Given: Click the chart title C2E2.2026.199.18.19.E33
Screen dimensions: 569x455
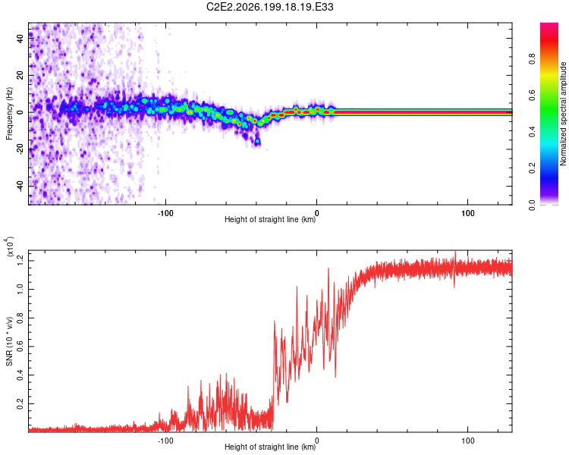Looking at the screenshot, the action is pos(269,7).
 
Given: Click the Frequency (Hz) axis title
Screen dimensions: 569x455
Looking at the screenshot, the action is pos(9,114).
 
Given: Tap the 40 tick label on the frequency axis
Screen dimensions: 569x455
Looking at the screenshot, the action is pos(20,39).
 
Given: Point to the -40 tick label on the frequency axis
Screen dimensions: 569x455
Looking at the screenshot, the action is pos(20,187).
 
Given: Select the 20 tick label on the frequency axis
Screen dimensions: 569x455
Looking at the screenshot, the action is pos(20,76).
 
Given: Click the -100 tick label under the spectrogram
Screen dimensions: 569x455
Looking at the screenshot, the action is pos(165,213).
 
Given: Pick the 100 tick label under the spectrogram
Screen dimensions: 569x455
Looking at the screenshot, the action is pos(468,213).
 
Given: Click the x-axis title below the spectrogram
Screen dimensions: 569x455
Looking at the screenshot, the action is pos(270,219).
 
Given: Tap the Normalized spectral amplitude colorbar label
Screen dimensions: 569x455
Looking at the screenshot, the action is pos(563,114).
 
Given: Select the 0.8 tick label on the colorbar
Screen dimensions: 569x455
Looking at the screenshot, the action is pos(532,58).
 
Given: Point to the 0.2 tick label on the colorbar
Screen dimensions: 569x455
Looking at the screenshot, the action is pos(532,168).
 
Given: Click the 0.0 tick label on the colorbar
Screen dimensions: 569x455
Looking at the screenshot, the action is pos(532,205).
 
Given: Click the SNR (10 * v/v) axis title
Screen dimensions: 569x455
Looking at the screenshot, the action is pos(9,341).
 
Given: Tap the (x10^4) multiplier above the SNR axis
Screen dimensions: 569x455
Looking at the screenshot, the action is pos(9,246).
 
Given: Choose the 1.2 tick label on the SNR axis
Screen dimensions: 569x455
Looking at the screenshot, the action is pos(20,261).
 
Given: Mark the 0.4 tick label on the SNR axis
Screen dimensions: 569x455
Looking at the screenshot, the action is pos(20,375).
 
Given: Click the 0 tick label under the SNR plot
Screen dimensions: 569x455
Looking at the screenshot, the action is pos(317,441).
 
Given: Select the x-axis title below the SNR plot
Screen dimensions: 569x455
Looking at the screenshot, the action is pos(270,447).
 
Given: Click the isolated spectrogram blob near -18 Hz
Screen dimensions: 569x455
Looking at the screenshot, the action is pos(257,141).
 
